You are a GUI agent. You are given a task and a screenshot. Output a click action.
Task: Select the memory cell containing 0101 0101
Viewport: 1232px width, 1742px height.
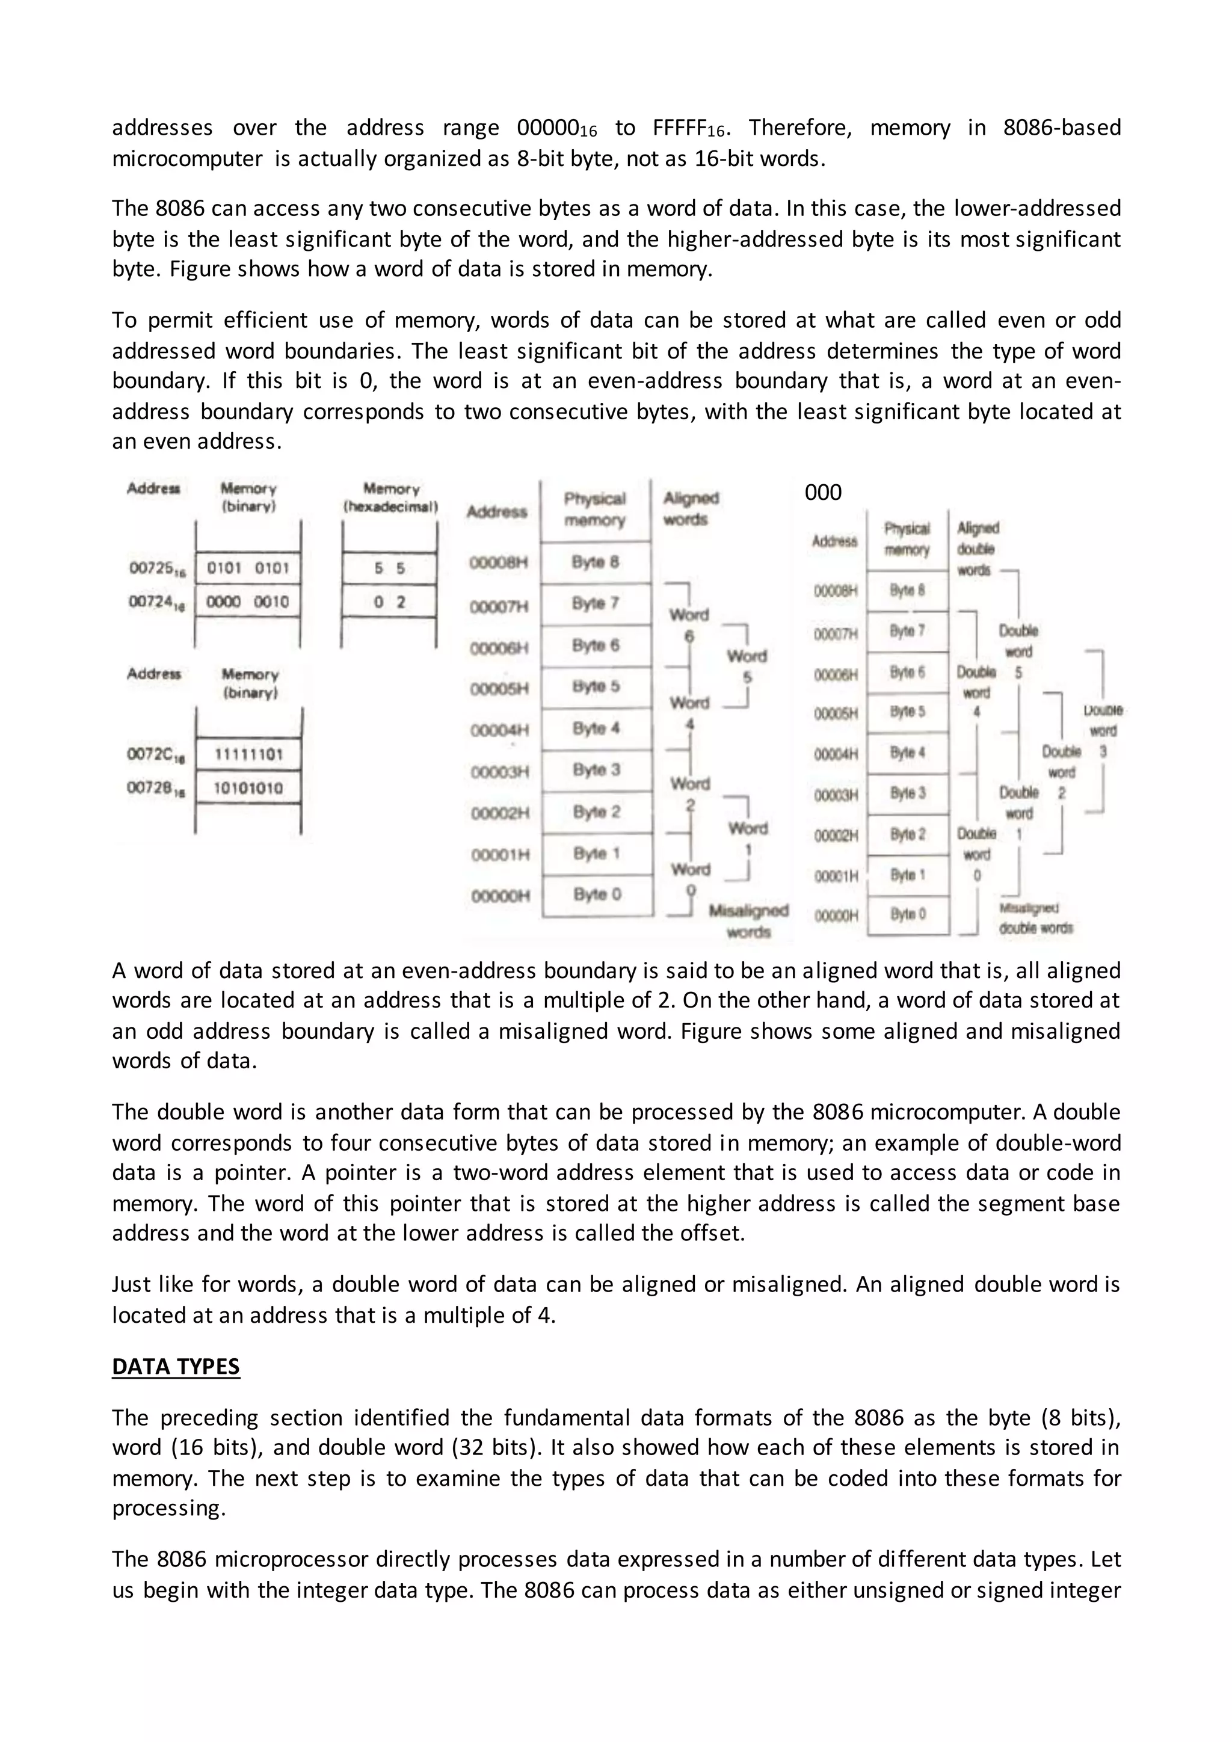tap(248, 568)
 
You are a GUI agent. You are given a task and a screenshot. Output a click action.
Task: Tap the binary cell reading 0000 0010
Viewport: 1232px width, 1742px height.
tap(248, 602)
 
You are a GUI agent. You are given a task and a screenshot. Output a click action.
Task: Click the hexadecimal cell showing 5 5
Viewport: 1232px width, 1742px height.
tap(389, 568)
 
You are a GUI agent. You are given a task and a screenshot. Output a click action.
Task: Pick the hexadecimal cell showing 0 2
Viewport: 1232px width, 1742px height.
tap(389, 602)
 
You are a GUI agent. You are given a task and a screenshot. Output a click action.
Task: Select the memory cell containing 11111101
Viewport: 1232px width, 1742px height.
tap(248, 754)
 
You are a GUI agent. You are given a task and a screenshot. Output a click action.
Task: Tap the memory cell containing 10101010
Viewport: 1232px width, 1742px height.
tap(248, 787)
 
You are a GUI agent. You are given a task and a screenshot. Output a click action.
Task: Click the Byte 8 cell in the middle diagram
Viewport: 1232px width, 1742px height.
tap(596, 562)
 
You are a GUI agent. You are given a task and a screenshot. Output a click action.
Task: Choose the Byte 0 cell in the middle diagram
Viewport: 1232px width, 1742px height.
tap(597, 894)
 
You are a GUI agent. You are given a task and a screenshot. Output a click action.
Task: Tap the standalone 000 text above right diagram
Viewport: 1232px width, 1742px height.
tap(822, 493)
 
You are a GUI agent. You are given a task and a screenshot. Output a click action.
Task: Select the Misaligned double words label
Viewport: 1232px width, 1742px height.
tap(1035, 918)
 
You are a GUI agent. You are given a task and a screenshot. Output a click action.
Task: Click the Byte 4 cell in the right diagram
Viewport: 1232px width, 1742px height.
tap(907, 753)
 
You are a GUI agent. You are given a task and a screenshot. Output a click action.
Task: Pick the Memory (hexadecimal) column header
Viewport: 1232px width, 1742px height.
tap(390, 497)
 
